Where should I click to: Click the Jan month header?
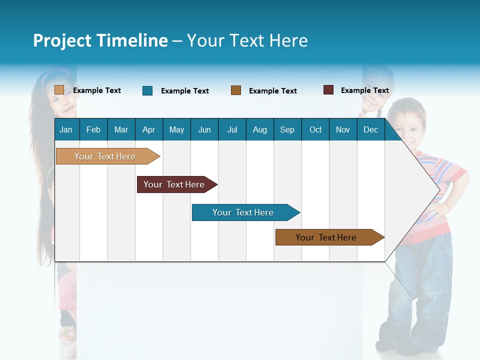coord(66,129)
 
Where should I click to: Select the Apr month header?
coord(148,129)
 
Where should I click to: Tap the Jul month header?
coord(232,129)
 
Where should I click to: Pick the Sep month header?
coord(287,129)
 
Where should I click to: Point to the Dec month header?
coord(370,129)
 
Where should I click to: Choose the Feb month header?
coord(93,129)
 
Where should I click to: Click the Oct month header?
coord(315,129)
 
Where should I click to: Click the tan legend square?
coord(59,90)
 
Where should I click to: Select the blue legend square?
coord(147,90)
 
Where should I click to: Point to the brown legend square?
coord(236,90)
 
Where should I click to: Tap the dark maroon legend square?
coord(328,90)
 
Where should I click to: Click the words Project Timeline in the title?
coord(100,40)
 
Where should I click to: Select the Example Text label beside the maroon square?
coord(364,90)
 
